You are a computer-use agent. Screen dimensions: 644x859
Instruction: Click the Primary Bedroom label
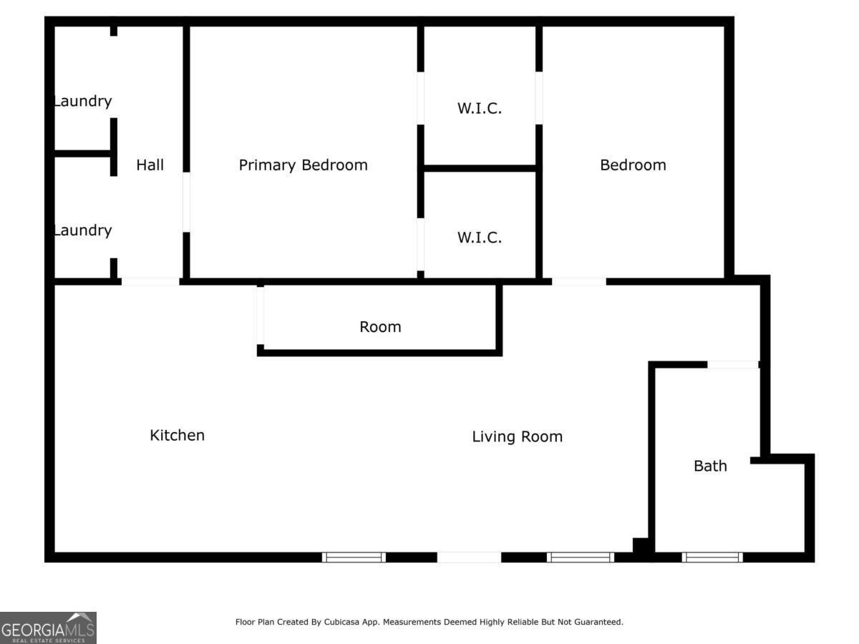pos(303,165)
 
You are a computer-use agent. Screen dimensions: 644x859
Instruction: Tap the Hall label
pos(150,165)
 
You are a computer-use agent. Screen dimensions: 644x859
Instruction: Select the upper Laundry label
pos(83,101)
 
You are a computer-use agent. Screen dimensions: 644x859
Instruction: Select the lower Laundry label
pos(83,230)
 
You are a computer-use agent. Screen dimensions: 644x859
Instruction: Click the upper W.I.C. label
pos(479,109)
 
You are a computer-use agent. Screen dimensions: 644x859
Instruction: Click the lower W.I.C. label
pos(479,238)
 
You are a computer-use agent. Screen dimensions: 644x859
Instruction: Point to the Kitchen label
pos(177,435)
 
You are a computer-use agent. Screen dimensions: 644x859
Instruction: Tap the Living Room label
pos(517,436)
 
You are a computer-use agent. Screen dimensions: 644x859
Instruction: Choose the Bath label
pos(710,466)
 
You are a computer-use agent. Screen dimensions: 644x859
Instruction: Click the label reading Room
pos(380,327)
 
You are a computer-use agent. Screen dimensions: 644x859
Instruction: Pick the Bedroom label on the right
pos(633,165)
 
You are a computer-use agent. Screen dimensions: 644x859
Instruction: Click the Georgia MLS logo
pos(48,628)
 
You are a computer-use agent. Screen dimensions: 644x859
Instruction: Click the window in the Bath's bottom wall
pos(712,557)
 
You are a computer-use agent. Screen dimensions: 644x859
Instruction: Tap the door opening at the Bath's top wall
pos(732,365)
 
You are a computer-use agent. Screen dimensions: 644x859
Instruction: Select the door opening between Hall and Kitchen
pos(150,282)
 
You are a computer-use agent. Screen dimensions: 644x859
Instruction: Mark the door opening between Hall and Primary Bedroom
pos(186,202)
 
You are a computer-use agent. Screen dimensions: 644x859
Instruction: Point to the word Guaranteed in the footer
pos(600,623)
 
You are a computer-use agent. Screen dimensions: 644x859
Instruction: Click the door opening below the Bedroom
pos(578,282)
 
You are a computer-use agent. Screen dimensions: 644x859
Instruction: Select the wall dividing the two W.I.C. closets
pos(480,169)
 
